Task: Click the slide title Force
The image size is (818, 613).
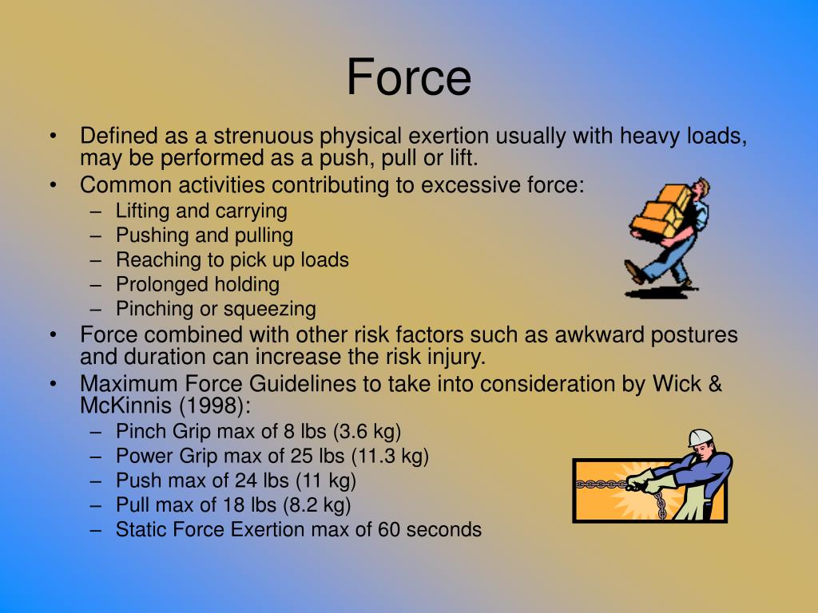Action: click(409, 77)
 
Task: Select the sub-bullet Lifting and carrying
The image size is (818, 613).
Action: click(201, 211)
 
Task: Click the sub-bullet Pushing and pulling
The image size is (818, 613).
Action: click(204, 235)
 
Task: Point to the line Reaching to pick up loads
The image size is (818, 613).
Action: click(232, 259)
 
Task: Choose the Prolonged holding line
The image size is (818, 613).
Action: click(197, 284)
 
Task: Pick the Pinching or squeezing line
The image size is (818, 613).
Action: click(216, 309)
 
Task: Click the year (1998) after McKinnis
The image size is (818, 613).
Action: click(217, 405)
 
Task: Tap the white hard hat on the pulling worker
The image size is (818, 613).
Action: click(701, 437)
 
